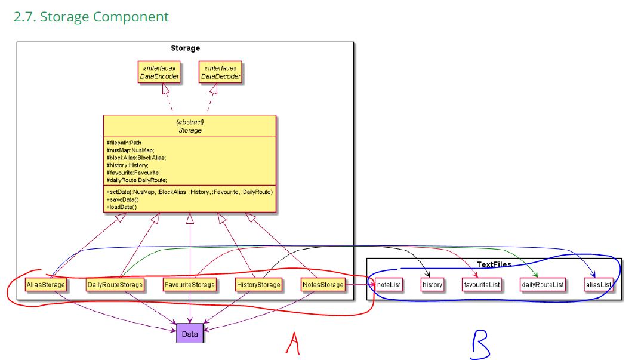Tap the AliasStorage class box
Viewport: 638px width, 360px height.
pyautogui.click(x=45, y=285)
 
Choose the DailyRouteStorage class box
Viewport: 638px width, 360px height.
pyautogui.click(x=115, y=285)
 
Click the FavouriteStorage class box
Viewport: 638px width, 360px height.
pyautogui.click(x=190, y=285)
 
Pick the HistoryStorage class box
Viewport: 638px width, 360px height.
pyautogui.click(x=258, y=285)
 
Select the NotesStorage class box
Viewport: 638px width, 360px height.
pyautogui.click(x=323, y=285)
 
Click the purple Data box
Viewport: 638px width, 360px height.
pyautogui.click(x=190, y=334)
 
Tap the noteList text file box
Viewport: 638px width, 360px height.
pyautogui.click(x=389, y=285)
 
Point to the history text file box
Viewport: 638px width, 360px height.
pyautogui.click(x=432, y=285)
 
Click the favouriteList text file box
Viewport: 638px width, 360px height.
pyautogui.click(x=482, y=285)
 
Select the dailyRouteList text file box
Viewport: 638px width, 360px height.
pyautogui.click(x=542, y=285)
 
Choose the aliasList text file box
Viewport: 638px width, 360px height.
pyautogui.click(x=599, y=285)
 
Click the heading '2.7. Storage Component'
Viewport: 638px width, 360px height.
pyautogui.click(x=91, y=17)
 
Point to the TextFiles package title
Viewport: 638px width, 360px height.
pyautogui.click(x=494, y=264)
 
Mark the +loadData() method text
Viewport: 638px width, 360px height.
pyautogui.click(x=122, y=207)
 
